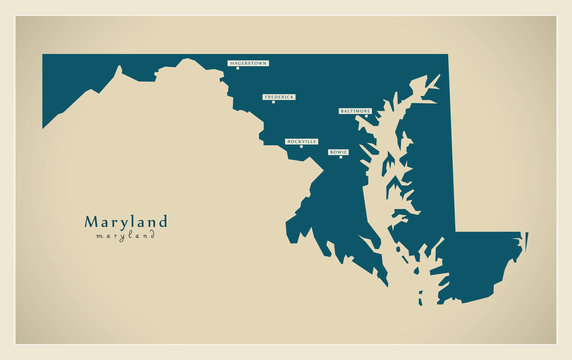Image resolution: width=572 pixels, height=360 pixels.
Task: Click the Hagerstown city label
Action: (248, 62)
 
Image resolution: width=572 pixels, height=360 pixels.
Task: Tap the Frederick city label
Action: (279, 97)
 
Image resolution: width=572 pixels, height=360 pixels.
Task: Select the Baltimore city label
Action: (356, 111)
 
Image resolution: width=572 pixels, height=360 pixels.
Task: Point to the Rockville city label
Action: (301, 142)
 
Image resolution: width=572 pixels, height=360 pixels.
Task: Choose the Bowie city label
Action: (338, 152)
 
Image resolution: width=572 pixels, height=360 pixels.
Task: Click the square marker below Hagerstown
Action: (238, 69)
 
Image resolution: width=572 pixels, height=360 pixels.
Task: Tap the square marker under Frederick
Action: (273, 103)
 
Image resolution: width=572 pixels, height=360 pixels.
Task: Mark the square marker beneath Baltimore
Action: (366, 117)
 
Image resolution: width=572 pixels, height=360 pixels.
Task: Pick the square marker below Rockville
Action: (300, 148)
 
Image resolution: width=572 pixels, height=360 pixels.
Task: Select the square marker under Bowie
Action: (341, 158)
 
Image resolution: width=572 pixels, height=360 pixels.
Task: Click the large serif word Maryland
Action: (126, 222)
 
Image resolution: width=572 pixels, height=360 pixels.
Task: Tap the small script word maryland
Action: (126, 237)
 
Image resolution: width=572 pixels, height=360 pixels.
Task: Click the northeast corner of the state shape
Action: (447, 56)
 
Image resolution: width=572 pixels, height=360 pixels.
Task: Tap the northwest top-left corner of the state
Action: (44, 56)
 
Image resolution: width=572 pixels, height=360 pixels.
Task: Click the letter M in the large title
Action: (91, 222)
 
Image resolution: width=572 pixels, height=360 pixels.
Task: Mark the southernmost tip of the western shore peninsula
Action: (387, 284)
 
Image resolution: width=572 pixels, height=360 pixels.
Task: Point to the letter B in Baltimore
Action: (343, 111)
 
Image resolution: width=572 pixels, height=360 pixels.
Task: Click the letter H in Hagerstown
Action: (231, 62)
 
